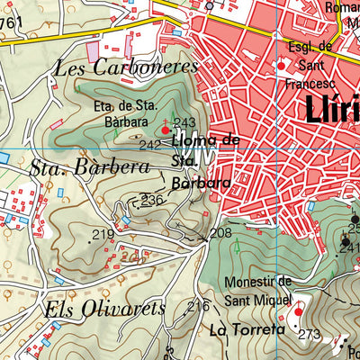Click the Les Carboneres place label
125,67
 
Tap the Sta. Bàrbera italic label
89,167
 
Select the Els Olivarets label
104,309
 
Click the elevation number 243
185,123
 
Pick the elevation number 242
150,144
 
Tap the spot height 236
153,200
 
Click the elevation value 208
220,233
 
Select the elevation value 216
198,307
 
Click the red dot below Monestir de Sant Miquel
299,311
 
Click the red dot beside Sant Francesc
281,66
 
